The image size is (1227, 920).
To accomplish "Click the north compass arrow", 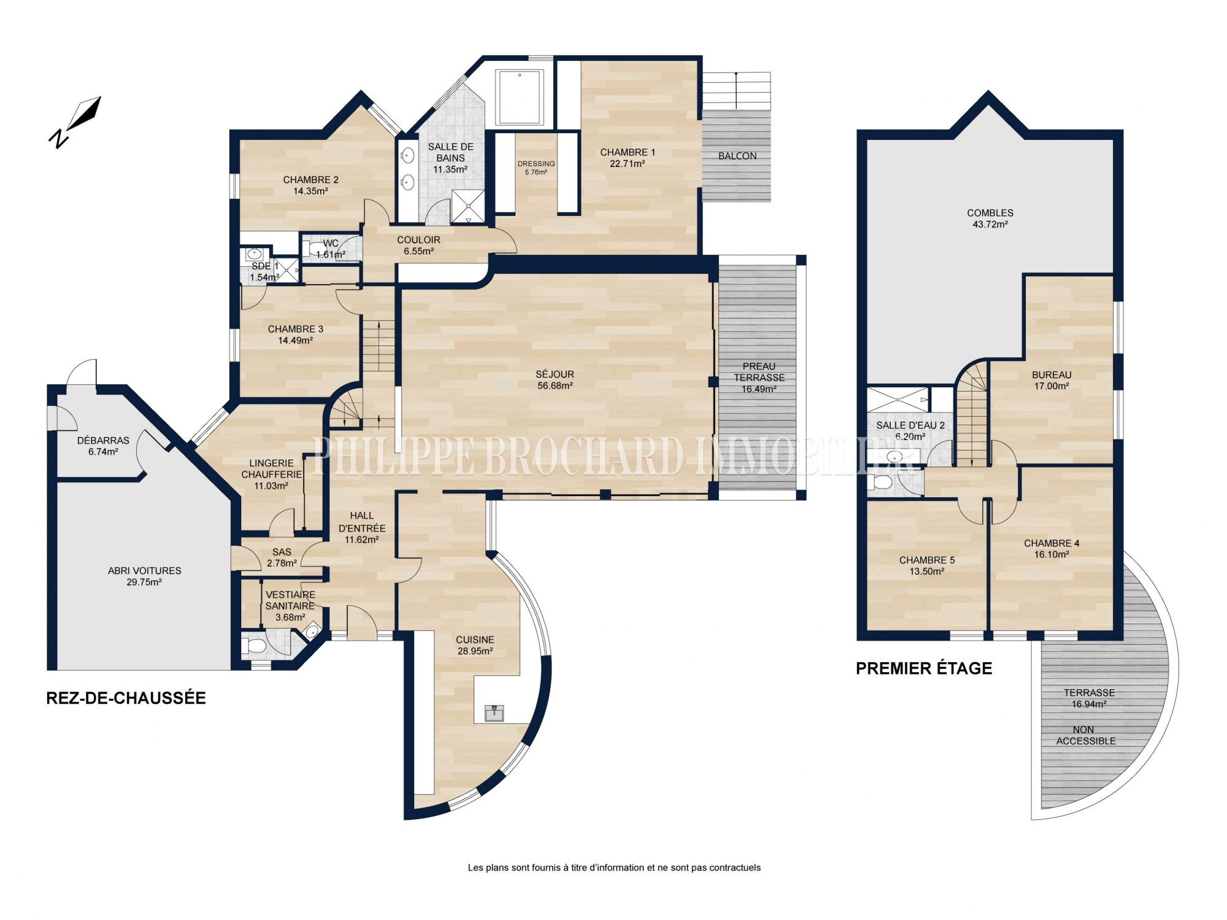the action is coord(83,114).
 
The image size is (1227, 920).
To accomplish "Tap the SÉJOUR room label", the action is coord(555,374).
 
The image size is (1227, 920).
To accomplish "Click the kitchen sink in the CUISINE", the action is coord(494,713).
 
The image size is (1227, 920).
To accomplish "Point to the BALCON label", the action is coord(737,156).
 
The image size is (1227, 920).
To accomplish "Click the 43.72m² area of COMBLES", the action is coord(990,225).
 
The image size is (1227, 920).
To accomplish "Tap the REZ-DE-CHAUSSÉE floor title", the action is coord(126,698).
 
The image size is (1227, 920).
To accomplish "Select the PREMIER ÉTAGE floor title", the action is coord(924,668).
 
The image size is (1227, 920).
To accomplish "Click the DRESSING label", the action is coord(536,164).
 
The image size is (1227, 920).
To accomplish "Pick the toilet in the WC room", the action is coord(317,249).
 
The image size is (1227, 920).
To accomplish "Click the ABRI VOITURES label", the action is coord(145,571).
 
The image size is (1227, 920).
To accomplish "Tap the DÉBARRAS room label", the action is coord(103,441).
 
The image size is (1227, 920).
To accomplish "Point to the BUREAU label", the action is coord(1052,375).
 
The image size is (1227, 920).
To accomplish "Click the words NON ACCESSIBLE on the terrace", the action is coord(1085,735).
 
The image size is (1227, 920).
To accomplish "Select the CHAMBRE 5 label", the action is coord(927,560).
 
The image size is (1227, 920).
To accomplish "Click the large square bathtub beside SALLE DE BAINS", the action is coord(520,98).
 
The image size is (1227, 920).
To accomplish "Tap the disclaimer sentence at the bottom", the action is coord(614,868).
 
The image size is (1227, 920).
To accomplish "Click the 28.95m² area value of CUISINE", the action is coord(475,651).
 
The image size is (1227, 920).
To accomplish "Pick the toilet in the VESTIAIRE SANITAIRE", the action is coord(254,646).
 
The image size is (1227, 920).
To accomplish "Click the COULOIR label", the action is coord(418,240).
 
